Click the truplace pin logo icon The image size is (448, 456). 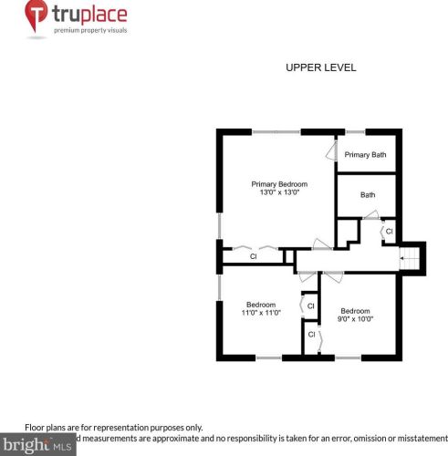[36, 17]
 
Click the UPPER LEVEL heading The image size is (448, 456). [320, 67]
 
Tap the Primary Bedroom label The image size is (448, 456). [279, 184]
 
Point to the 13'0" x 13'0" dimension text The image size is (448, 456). [279, 192]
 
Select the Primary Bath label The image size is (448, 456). [365, 155]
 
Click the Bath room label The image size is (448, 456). [367, 194]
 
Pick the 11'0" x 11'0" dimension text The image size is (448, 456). [261, 313]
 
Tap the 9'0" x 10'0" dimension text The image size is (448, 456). [357, 318]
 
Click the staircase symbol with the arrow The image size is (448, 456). [412, 259]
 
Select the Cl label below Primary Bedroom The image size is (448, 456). [254, 256]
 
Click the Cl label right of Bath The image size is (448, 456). [389, 232]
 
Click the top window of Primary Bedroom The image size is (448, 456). [276, 133]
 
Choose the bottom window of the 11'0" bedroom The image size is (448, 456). [268, 358]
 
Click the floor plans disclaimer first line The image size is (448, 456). [113, 427]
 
